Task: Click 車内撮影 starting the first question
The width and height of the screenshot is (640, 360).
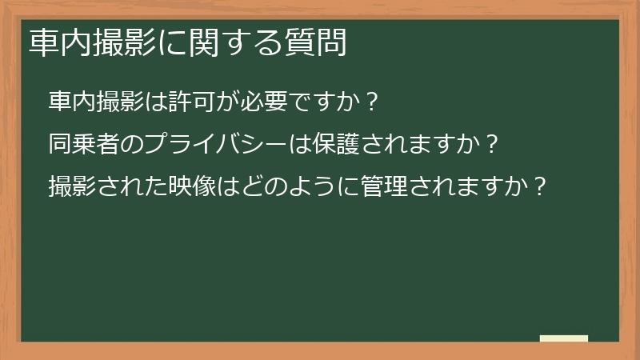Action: (x=94, y=102)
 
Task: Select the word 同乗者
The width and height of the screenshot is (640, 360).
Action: (x=83, y=145)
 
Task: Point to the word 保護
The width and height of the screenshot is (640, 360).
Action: (x=318, y=145)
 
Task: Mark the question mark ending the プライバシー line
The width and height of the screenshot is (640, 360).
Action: (x=491, y=146)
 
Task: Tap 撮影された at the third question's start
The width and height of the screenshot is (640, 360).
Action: (x=106, y=187)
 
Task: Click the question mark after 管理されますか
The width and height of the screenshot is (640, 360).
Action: (x=540, y=188)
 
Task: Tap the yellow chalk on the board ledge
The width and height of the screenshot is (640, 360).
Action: (x=564, y=339)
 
